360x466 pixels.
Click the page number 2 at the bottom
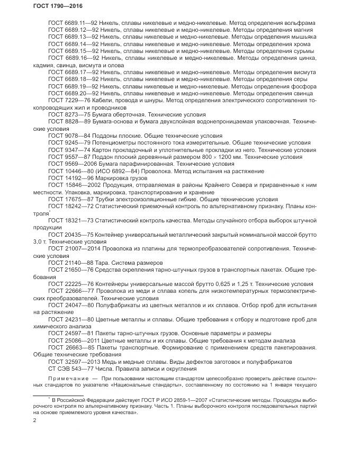(x=34, y=420)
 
